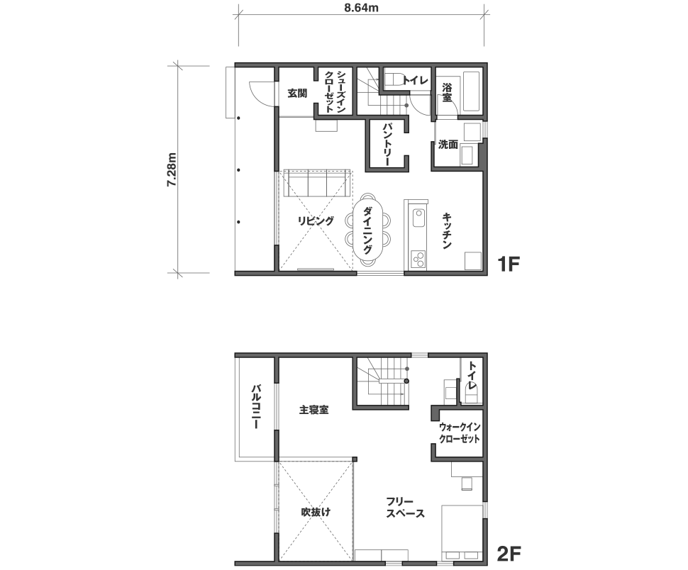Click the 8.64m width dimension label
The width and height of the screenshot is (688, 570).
(361, 8)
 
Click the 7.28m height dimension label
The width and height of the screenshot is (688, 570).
(172, 169)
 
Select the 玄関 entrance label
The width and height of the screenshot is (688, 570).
(297, 94)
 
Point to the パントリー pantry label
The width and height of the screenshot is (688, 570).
(387, 144)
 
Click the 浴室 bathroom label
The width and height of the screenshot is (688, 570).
(447, 92)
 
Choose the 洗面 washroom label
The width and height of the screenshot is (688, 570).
(448, 144)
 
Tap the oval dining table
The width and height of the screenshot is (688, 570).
(367, 228)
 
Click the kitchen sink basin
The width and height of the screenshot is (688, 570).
(418, 218)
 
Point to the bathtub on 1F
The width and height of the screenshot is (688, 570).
(471, 91)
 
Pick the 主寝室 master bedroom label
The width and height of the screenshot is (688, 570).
(314, 410)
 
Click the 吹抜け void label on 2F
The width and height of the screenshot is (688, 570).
(316, 512)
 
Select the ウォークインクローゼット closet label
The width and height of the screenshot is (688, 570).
(460, 432)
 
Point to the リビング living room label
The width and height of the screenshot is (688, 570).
(316, 221)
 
